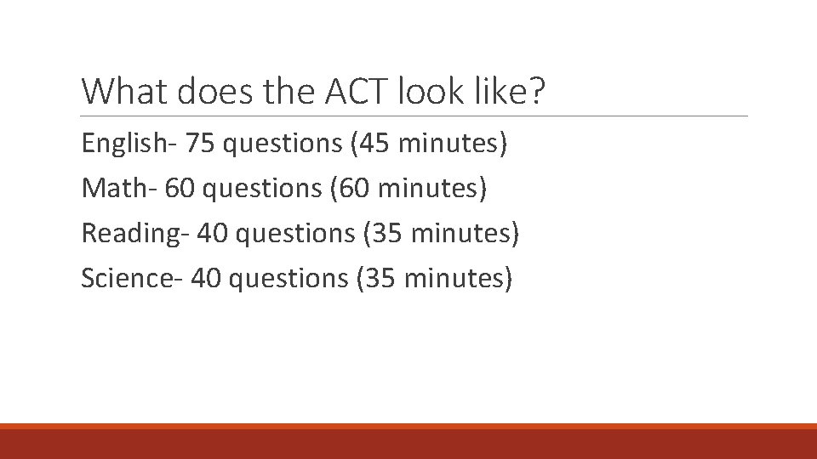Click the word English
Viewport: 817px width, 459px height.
[x=124, y=144]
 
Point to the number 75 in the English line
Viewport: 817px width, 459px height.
[x=200, y=144]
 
